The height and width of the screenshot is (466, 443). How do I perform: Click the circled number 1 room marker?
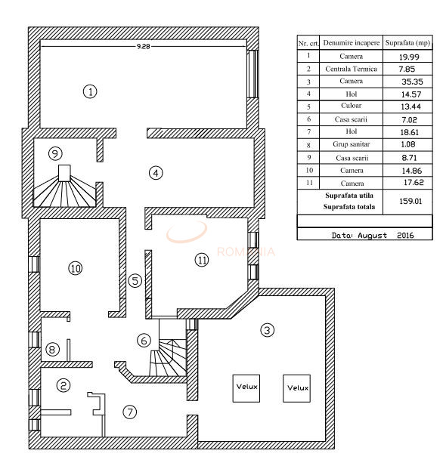tap(90, 91)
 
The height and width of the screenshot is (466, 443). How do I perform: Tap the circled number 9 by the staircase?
tap(55, 153)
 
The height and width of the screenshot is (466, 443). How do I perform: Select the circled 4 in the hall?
tap(156, 173)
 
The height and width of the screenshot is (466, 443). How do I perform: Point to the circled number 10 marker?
tap(76, 268)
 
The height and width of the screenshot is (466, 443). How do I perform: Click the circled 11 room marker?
tap(202, 260)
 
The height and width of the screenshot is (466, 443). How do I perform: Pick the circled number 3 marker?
tap(267, 330)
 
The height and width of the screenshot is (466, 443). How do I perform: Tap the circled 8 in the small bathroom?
tap(52, 349)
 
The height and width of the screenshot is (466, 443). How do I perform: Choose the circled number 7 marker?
tap(130, 412)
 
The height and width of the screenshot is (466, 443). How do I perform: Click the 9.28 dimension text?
tap(143, 46)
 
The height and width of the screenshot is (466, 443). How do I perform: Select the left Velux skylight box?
tap(246, 388)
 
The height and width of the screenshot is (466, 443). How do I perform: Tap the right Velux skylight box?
tap(296, 388)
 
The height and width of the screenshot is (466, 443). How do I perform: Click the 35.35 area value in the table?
tap(412, 82)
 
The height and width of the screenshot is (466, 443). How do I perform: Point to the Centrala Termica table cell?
tap(351, 69)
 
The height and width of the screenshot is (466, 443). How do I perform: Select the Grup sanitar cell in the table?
tap(351, 144)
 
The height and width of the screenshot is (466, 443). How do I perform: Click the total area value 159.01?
tap(410, 201)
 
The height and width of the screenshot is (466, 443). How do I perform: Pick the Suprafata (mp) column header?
tap(407, 43)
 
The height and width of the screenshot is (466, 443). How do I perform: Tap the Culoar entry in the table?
tap(351, 106)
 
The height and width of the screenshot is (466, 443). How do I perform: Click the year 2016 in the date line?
tap(405, 236)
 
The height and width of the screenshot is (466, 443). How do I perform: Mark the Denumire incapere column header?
tap(351, 43)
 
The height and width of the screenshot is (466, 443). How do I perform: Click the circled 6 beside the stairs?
tap(144, 341)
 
